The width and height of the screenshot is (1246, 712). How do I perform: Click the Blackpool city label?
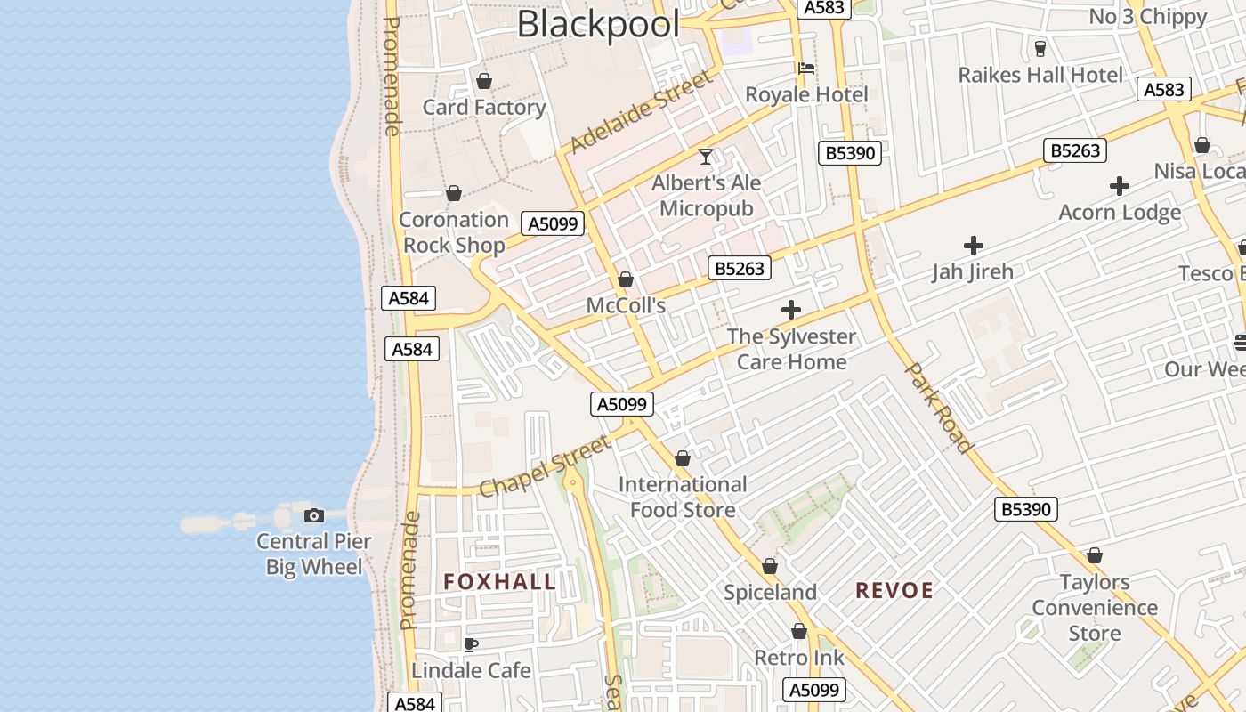[x=598, y=25]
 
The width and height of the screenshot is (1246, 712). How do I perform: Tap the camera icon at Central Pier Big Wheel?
[x=313, y=515]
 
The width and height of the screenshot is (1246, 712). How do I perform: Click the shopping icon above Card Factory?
[x=484, y=81]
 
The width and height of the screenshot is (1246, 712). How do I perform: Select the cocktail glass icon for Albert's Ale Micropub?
[x=706, y=157]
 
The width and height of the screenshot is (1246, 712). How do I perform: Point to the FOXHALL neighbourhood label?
[x=499, y=582]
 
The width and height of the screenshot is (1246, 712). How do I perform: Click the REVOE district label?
[x=894, y=590]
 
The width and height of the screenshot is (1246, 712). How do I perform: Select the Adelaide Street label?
[x=641, y=112]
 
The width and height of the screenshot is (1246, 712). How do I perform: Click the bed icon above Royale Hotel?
[x=806, y=68]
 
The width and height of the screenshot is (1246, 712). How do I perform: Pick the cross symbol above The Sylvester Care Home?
[x=790, y=310]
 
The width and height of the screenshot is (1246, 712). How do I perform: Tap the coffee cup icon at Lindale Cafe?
[x=471, y=643]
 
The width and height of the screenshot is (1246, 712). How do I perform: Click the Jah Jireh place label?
[x=972, y=271]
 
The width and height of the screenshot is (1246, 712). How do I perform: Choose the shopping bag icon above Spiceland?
[x=770, y=566]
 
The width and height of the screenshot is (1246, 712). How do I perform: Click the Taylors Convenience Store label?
[x=1094, y=608]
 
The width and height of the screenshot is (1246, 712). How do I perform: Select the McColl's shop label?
[x=626, y=305]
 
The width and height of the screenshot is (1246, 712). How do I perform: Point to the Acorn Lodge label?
[x=1120, y=212]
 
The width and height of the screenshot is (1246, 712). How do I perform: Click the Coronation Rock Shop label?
[x=454, y=232]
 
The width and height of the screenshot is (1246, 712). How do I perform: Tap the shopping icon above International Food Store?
[x=683, y=458]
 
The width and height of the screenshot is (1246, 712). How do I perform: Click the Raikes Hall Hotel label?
[x=1040, y=75]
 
